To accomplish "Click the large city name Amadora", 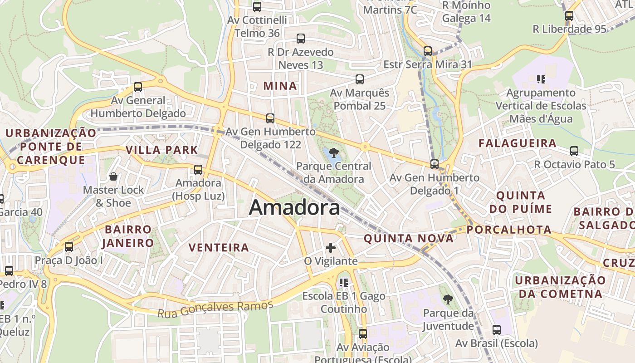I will [294, 208].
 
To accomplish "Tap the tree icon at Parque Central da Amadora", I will [334, 152].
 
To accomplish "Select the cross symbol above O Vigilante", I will [331, 248].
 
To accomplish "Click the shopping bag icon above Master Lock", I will [113, 176].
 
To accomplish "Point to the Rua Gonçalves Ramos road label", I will [215, 309].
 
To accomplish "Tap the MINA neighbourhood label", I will [280, 86].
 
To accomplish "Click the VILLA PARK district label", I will [162, 150].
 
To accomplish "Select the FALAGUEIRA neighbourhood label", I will [518, 143].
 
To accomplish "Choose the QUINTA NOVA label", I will [409, 239].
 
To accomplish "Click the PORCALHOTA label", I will [509, 230].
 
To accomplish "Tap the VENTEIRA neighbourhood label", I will [219, 247].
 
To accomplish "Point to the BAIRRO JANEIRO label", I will [128, 236].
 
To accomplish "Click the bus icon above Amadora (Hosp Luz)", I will [198, 170].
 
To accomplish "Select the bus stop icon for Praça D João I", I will [69, 247].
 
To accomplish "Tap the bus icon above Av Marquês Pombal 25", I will [360, 79].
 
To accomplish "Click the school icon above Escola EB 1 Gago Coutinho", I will [344, 283].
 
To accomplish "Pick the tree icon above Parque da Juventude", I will [448, 299].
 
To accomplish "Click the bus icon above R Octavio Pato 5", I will [574, 151].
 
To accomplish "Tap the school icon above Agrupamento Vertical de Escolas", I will [541, 79].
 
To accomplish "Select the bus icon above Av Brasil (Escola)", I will [497, 330].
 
